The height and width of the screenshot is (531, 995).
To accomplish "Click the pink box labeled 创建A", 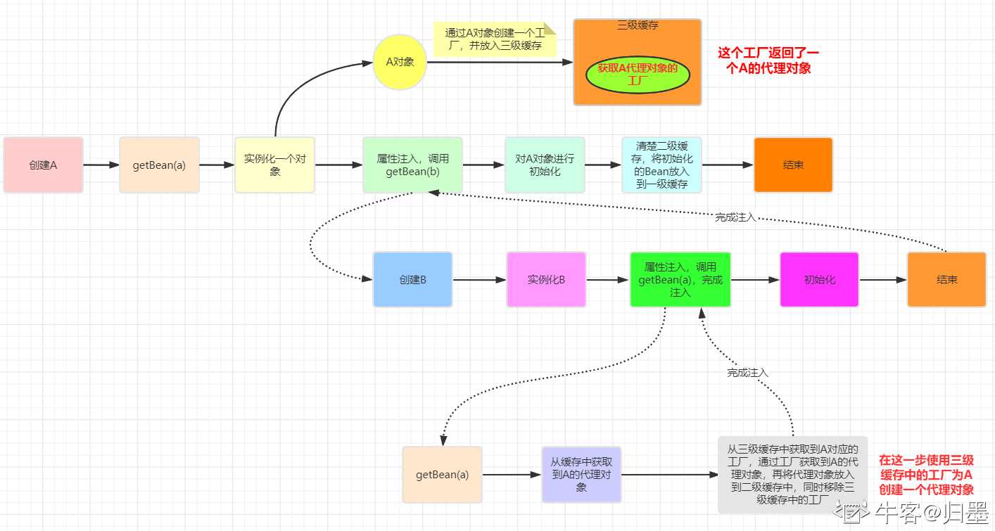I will [43, 165].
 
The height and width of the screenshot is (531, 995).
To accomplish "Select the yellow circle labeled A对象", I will [400, 62].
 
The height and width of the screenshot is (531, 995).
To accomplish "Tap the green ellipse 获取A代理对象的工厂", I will [637, 75].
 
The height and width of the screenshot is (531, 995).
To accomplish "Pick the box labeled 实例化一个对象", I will [274, 165].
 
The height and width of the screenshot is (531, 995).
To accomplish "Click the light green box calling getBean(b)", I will [412, 165].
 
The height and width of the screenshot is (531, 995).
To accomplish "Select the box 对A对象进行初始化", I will [545, 165].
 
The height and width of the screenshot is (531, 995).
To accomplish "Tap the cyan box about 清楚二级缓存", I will [661, 165].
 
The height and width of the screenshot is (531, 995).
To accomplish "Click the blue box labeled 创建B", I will [412, 279].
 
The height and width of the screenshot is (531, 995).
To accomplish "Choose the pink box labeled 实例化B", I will [546, 279].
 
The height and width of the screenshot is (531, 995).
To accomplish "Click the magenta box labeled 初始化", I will [819, 279].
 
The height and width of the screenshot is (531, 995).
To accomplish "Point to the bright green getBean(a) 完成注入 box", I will [680, 279].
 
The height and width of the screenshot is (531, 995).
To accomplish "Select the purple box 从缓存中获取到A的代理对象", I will [581, 474].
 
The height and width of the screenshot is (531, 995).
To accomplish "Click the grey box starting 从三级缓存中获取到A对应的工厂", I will [792, 474].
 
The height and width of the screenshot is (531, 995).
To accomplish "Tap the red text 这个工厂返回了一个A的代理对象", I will [768, 60].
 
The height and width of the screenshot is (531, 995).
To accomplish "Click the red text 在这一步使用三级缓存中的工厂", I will [926, 475].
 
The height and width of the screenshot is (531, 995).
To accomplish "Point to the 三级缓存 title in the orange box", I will [637, 26].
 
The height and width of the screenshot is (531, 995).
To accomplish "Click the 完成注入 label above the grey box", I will [747, 372].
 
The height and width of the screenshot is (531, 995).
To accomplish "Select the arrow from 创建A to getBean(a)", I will [101, 165].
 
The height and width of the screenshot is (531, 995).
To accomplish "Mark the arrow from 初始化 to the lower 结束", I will [882, 279].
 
